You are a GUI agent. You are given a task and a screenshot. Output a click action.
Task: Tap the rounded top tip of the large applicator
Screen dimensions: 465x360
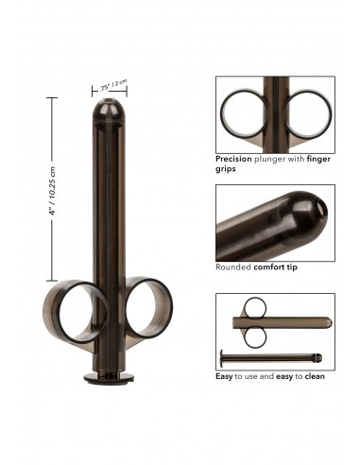tap(109, 107)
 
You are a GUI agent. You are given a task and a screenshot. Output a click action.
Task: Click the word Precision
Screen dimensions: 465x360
tap(233, 160)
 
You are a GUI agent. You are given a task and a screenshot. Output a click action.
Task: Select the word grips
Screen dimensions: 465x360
tap(226, 169)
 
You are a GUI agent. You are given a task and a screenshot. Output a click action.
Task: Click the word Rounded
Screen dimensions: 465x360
tap(232, 267)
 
